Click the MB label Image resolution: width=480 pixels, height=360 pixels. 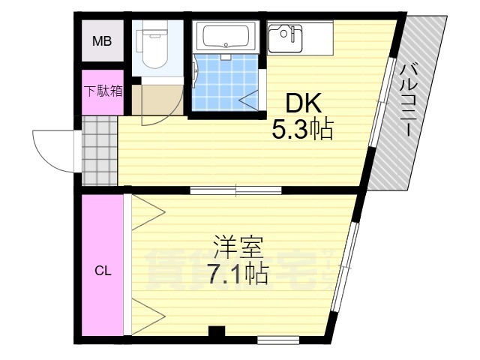click(x=102, y=40)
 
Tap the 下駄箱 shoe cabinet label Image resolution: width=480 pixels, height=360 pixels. click(x=103, y=91)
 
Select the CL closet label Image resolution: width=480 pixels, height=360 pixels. click(x=103, y=270)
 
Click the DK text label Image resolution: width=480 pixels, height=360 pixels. click(x=303, y=103)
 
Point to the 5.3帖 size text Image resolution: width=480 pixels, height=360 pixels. click(x=302, y=129)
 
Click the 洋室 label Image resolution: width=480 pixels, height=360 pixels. click(x=238, y=247)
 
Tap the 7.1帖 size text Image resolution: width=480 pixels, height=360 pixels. click(x=238, y=273)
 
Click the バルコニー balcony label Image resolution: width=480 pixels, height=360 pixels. click(x=408, y=100)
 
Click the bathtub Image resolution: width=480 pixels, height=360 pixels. click(x=226, y=35)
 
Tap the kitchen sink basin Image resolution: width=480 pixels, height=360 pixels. click(x=285, y=38)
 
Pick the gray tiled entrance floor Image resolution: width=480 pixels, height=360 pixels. click(x=100, y=151)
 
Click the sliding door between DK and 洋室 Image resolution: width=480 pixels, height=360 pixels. click(x=235, y=190)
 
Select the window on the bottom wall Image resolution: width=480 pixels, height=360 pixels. click(x=278, y=340)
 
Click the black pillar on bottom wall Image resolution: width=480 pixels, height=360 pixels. click(x=217, y=331)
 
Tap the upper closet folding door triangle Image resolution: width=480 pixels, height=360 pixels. click(x=148, y=211)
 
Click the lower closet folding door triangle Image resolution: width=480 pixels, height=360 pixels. click(x=148, y=316)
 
